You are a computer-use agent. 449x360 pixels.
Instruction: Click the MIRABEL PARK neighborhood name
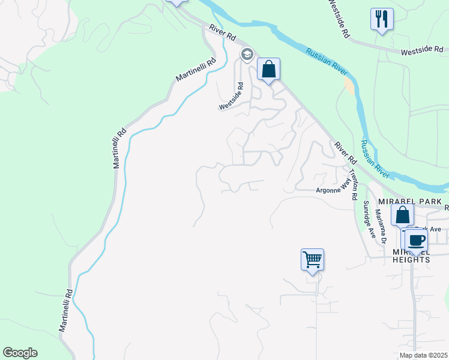click(x=411, y=201)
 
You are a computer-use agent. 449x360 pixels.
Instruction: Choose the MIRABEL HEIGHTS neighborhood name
click(x=411, y=256)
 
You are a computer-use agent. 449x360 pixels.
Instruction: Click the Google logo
click(x=20, y=353)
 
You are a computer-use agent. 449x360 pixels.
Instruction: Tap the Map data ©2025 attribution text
click(x=423, y=355)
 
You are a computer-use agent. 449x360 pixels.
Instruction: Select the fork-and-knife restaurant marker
click(x=382, y=19)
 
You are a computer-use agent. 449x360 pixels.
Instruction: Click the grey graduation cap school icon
click(x=247, y=55)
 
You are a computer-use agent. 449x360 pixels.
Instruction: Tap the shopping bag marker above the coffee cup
click(x=402, y=215)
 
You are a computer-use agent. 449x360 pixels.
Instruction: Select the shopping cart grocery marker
click(x=312, y=260)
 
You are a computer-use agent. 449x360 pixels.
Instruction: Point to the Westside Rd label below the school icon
click(x=232, y=96)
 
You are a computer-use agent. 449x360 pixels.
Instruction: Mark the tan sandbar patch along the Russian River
click(x=349, y=85)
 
